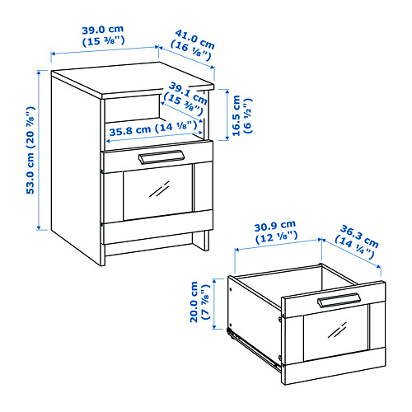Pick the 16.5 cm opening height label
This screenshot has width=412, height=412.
(x=237, y=117)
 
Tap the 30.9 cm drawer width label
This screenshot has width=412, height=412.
(x=277, y=225)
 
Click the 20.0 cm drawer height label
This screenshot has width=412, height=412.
(x=199, y=302)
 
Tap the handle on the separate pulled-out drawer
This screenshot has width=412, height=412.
(x=336, y=301)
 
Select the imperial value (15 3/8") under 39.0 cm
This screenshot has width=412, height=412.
(x=104, y=40)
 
